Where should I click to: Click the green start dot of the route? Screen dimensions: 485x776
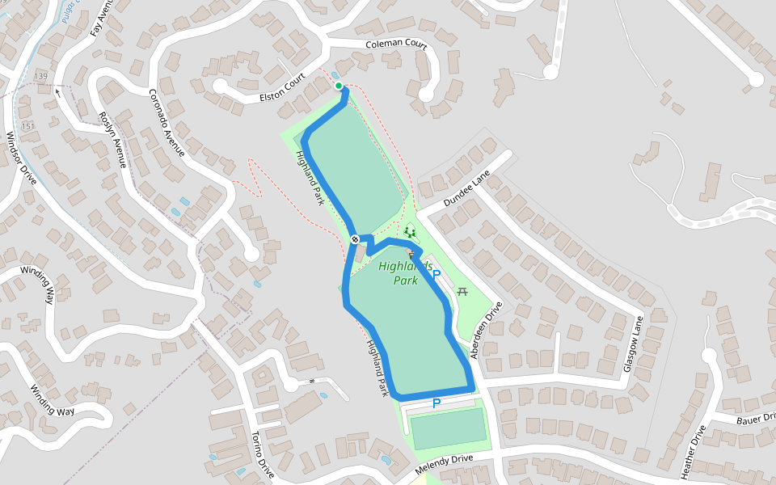click(x=338, y=86)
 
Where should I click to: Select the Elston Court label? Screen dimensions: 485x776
click(x=282, y=88)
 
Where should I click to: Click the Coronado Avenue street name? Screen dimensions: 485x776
click(x=167, y=122)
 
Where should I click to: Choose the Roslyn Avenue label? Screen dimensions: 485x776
click(x=112, y=137)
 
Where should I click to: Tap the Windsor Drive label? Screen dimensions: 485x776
click(x=21, y=158)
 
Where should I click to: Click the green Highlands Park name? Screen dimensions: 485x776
click(x=406, y=273)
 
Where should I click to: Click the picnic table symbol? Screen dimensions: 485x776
click(x=462, y=291)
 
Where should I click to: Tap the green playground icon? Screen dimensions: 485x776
click(x=410, y=232)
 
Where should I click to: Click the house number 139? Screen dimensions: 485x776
click(x=41, y=76)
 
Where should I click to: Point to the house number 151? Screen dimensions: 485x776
click(x=28, y=126)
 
